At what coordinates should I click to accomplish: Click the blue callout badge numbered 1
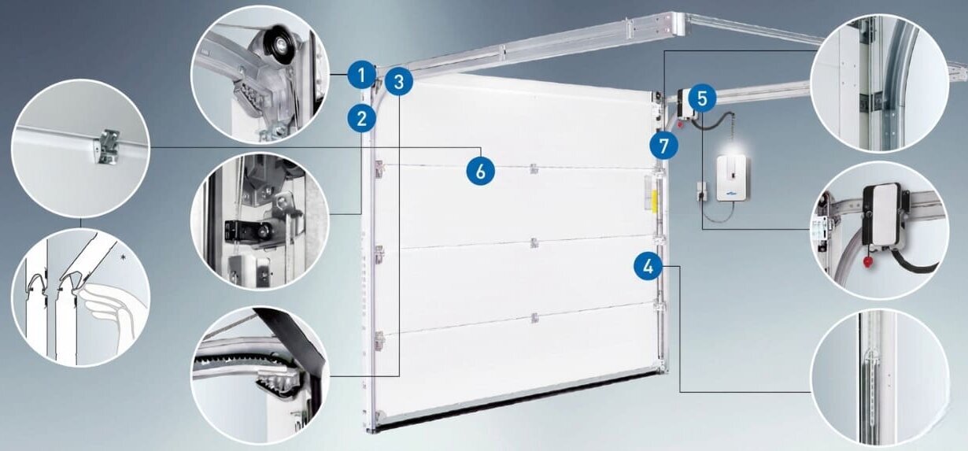[x=362, y=76]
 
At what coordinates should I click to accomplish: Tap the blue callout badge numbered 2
[x=362, y=118]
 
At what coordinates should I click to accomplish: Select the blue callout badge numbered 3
[x=398, y=81]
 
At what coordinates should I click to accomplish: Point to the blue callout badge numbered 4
[x=648, y=267]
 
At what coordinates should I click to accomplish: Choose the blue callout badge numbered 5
[x=702, y=98]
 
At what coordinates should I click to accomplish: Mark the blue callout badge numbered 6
[x=481, y=171]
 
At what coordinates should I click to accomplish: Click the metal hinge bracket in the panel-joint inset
[x=108, y=147]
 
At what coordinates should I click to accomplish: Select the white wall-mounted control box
[x=732, y=178]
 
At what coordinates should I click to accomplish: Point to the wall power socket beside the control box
[x=700, y=190]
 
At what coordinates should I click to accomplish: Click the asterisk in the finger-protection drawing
[x=124, y=258]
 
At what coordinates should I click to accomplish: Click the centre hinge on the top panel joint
[x=534, y=168]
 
